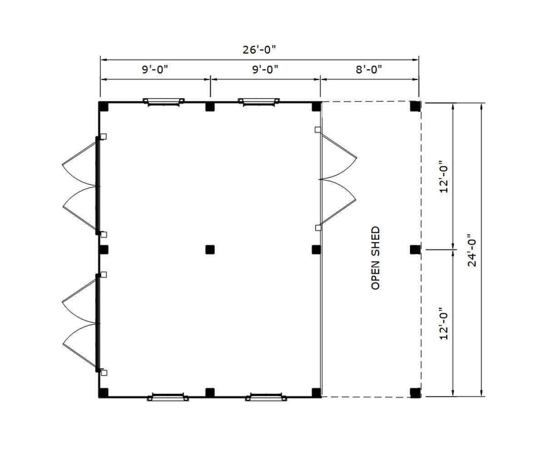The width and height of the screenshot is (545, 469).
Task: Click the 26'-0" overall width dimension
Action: click(259, 49)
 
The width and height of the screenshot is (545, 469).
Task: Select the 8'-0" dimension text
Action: click(369, 70)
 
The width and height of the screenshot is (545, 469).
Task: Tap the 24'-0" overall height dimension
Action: click(472, 250)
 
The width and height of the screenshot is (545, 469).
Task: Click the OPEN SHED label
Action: click(376, 258)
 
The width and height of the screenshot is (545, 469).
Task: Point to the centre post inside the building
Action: click(210, 249)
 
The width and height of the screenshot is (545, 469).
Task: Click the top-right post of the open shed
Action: click(415, 106)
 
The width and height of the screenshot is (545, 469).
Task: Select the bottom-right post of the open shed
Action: click(415, 393)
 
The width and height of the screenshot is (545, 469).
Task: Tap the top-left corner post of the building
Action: click(104, 107)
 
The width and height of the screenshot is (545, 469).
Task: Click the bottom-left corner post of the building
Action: click(104, 393)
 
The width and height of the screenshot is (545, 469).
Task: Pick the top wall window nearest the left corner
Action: click(164, 102)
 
